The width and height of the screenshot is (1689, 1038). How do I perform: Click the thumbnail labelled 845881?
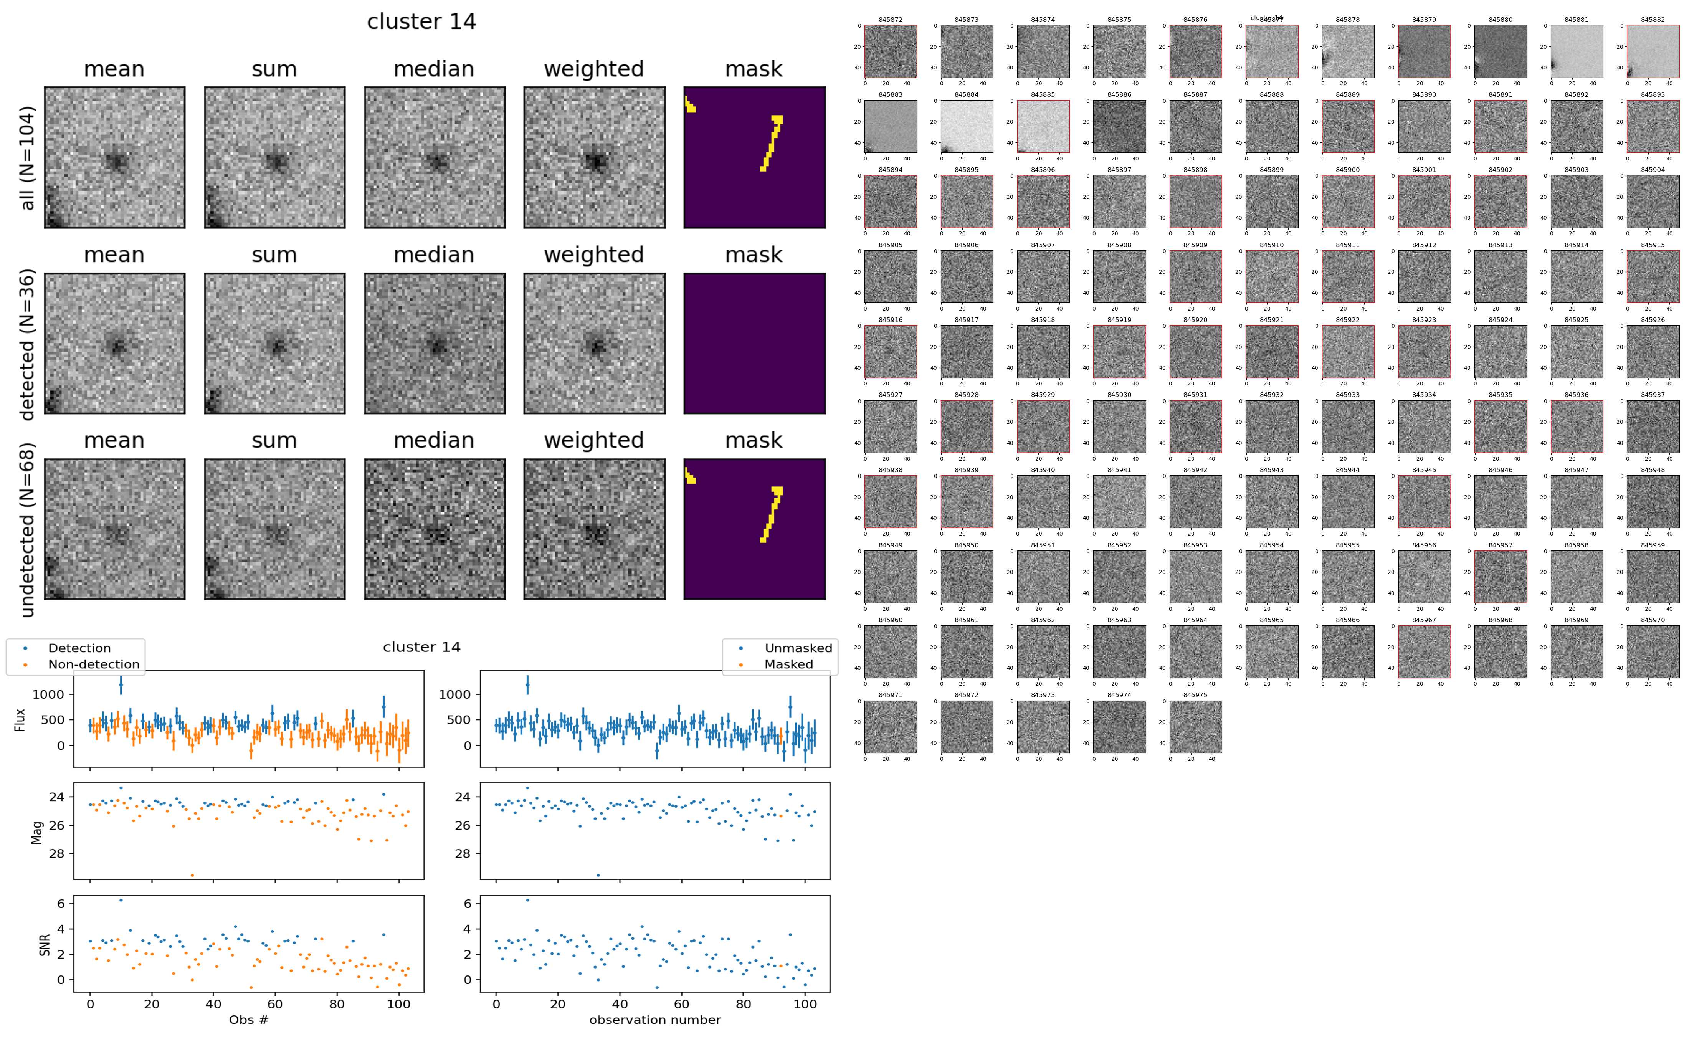click(x=1577, y=51)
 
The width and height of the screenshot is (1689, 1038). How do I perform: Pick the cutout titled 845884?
click(x=966, y=126)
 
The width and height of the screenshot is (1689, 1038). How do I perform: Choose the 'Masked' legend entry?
click(x=788, y=664)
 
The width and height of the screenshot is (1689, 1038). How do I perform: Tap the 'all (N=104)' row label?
click(x=28, y=158)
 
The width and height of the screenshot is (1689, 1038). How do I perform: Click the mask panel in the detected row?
click(x=754, y=343)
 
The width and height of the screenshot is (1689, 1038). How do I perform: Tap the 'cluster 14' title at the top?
click(x=421, y=22)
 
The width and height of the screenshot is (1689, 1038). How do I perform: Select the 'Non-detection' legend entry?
click(x=93, y=664)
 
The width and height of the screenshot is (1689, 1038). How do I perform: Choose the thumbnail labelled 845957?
click(x=1500, y=577)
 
